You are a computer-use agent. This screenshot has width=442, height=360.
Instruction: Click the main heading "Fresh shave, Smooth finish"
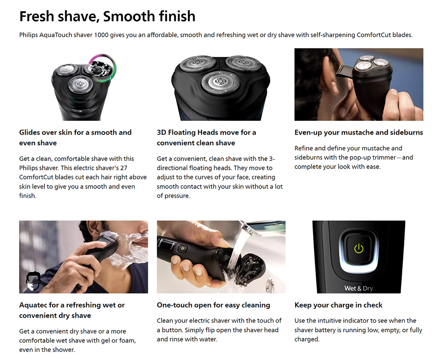[x=107, y=16]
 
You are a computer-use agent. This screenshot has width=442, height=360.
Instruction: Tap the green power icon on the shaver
[x=358, y=248]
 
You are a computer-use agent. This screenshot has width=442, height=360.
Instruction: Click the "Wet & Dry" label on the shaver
[x=358, y=288]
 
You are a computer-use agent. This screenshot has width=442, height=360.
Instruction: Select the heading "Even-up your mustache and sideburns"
[x=358, y=132]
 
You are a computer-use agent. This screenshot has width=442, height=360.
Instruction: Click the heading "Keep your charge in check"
[x=338, y=305]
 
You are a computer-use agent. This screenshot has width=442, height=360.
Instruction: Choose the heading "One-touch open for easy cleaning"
[x=213, y=305]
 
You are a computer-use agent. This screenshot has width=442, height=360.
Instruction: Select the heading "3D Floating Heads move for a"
[x=206, y=132]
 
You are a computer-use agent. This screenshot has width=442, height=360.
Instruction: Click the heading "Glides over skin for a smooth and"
[x=75, y=132]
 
